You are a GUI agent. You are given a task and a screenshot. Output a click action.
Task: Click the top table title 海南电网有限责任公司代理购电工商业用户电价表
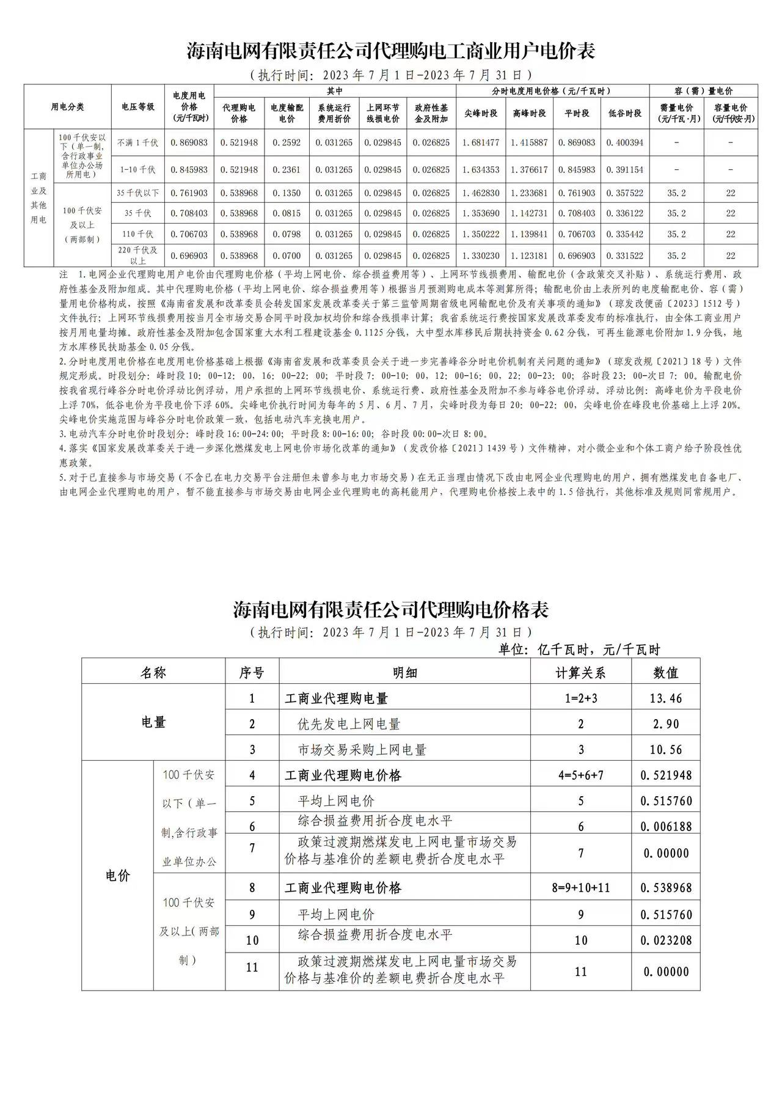click(x=391, y=51)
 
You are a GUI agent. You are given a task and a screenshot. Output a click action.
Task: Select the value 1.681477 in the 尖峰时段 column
click(x=481, y=142)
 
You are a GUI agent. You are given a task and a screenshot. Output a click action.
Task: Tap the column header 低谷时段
click(x=625, y=113)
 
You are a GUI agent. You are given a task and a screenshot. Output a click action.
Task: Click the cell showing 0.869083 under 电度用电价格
click(x=189, y=142)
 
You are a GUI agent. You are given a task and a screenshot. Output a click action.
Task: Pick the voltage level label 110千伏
click(x=137, y=234)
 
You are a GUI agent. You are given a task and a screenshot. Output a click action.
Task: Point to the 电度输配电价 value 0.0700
click(x=287, y=256)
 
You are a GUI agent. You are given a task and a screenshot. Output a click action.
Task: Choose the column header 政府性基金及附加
click(x=431, y=113)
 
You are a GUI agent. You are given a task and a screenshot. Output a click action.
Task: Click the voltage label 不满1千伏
click(x=137, y=142)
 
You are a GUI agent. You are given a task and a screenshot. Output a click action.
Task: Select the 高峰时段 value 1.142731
click(x=529, y=213)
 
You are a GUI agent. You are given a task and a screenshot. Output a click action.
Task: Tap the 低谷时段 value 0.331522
click(x=625, y=256)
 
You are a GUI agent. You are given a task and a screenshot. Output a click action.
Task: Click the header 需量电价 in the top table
click(x=676, y=113)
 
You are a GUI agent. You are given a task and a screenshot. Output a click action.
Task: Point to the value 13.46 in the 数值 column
click(x=666, y=698)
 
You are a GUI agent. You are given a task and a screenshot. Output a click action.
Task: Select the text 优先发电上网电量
click(x=349, y=724)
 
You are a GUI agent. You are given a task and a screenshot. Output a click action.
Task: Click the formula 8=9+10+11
click(x=580, y=888)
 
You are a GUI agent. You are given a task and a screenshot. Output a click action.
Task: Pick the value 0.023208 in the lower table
click(x=666, y=940)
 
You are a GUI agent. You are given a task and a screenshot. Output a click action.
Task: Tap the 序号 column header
click(x=252, y=673)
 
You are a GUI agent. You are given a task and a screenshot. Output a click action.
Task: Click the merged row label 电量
click(x=153, y=722)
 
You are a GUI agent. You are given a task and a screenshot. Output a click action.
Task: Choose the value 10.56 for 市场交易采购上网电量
click(x=666, y=750)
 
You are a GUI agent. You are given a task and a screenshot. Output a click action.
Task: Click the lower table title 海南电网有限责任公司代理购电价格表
click(x=391, y=609)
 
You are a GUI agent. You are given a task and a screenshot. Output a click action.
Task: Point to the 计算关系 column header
click(x=580, y=673)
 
